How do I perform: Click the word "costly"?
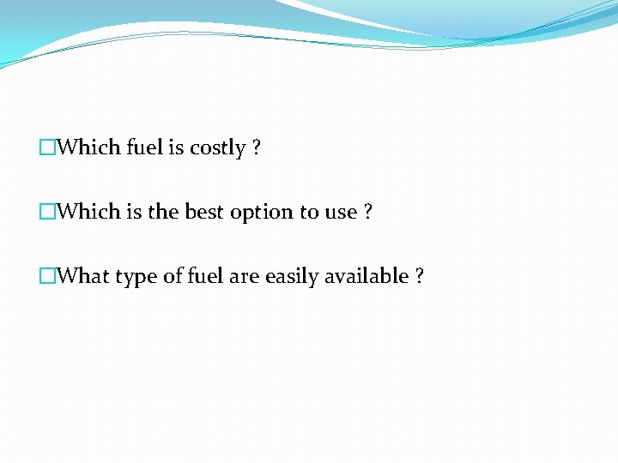(x=217, y=148)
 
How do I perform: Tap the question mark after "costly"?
(x=257, y=147)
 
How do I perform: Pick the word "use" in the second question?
(x=340, y=213)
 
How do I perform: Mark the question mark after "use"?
(x=368, y=212)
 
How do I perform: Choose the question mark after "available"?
(x=420, y=276)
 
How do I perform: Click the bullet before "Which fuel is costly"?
(x=47, y=148)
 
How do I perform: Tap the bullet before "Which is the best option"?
(x=47, y=213)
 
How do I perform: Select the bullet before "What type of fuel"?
(x=47, y=277)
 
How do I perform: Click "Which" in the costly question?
(x=89, y=147)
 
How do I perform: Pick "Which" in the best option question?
(x=89, y=212)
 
